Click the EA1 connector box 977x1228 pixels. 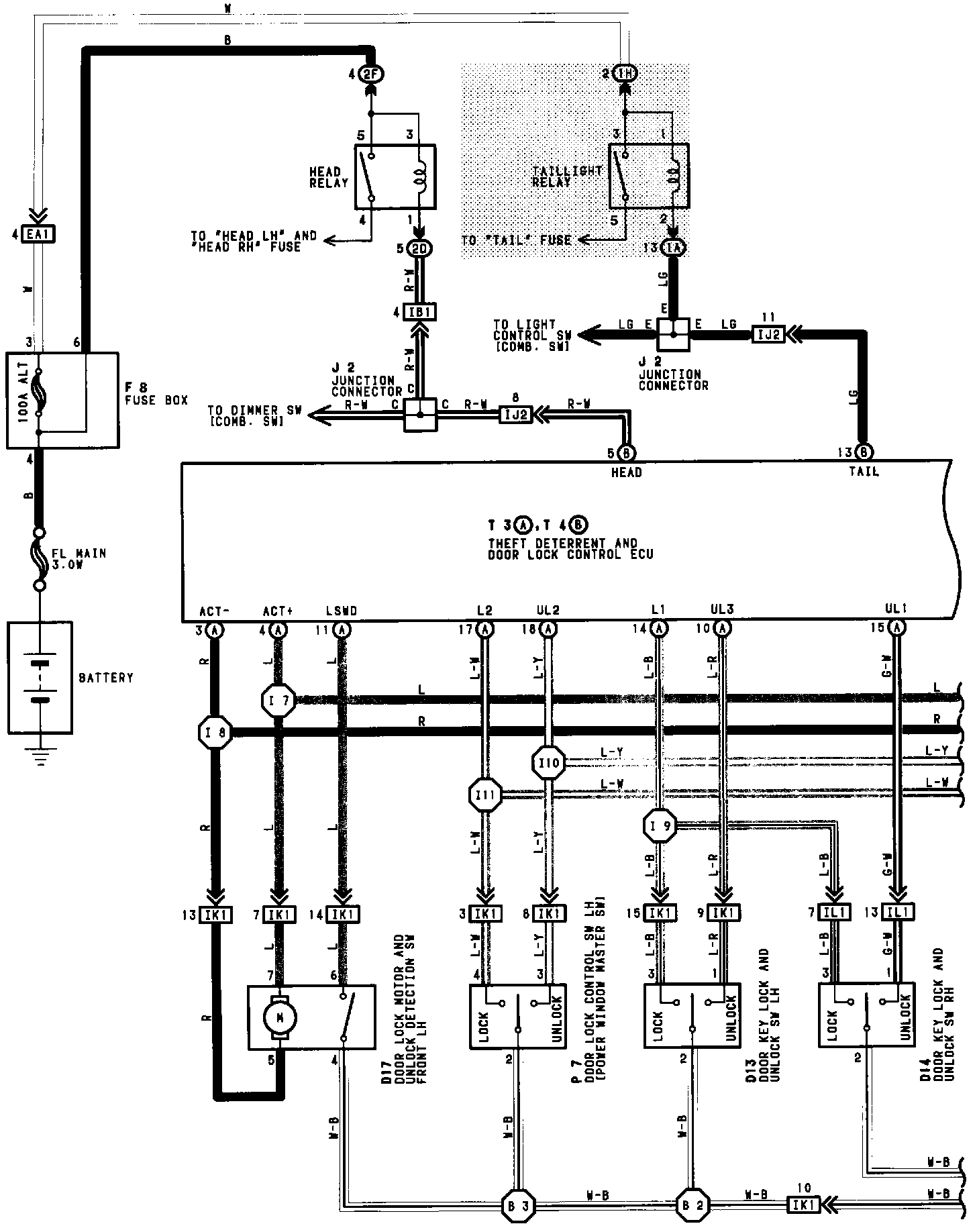(41, 234)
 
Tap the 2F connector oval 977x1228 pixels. (370, 74)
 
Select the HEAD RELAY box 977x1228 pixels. (395, 176)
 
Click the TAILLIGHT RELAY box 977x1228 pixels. (648, 176)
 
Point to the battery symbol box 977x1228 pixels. (40, 677)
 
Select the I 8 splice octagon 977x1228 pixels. (216, 733)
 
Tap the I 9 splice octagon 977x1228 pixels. (660, 827)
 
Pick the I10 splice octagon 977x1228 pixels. (549, 763)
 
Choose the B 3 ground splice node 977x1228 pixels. (516, 1205)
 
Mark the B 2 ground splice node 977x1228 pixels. (690, 1205)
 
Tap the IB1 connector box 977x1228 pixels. (420, 312)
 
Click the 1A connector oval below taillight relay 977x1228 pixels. (673, 248)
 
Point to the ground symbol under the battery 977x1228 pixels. (40, 756)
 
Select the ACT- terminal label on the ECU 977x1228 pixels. (215, 611)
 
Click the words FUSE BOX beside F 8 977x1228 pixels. (156, 401)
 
